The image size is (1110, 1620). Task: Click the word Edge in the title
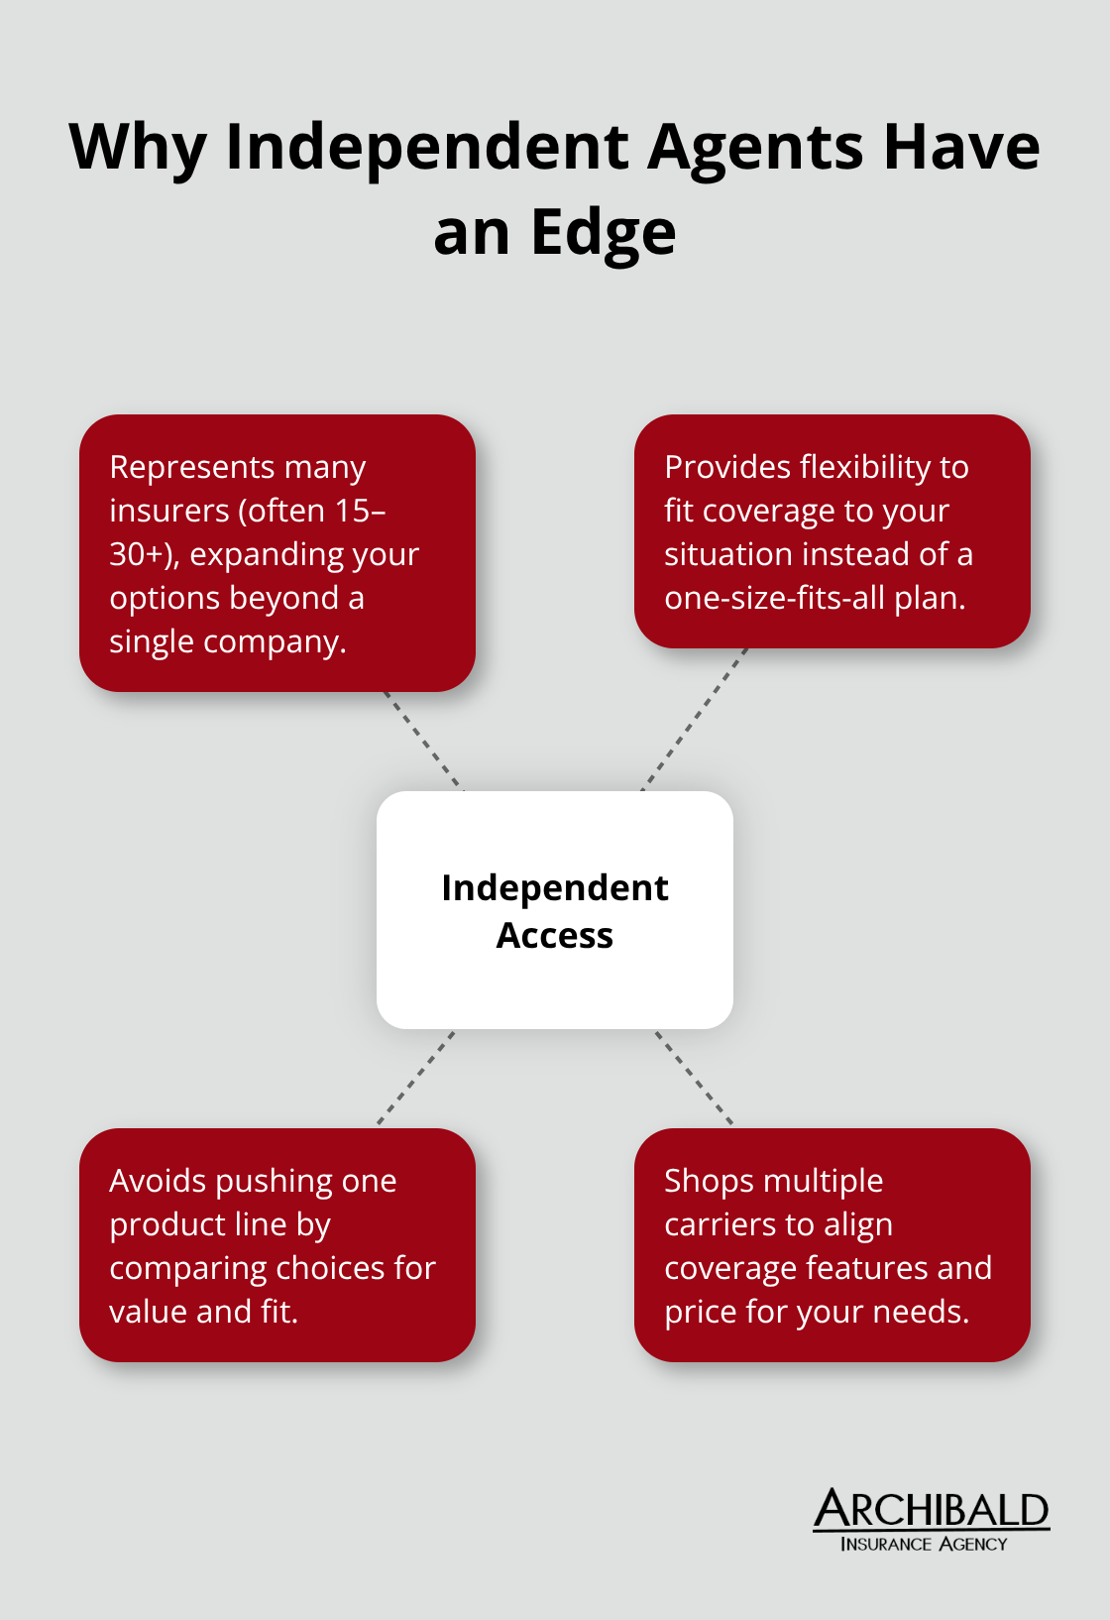tap(604, 234)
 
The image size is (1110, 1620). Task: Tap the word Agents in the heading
tap(756, 147)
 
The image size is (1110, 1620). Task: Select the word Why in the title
tap(138, 149)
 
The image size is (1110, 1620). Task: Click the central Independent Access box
tap(555, 910)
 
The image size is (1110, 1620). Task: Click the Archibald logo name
tap(931, 1510)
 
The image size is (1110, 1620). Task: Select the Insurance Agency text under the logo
tap(924, 1544)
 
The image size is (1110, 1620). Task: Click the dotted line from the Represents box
tap(423, 741)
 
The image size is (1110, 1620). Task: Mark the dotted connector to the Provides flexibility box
tap(694, 719)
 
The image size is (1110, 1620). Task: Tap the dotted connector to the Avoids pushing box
tap(416, 1078)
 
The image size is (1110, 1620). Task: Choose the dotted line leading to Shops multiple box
tap(694, 1078)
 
